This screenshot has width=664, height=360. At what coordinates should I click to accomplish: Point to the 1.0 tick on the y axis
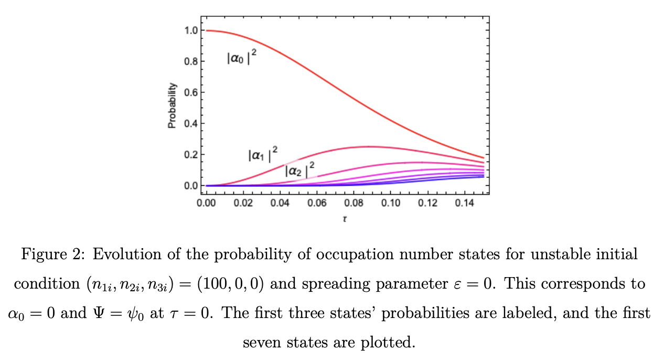190,30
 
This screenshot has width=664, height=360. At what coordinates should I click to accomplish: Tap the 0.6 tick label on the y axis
190,92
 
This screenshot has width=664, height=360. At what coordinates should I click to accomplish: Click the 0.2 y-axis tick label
190,155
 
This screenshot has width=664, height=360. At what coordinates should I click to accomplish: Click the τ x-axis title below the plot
345,218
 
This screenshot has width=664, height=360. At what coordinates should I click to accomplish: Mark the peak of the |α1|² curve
370,146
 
